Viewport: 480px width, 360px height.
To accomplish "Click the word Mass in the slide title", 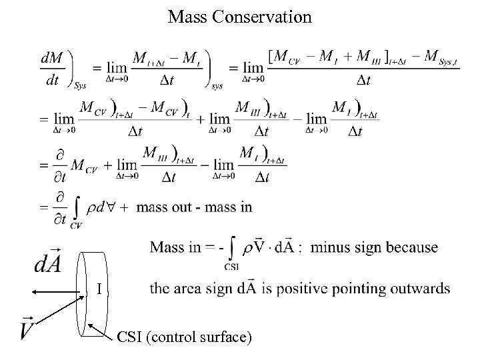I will [x=189, y=17].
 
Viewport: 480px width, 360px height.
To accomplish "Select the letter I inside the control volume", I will [x=99, y=289].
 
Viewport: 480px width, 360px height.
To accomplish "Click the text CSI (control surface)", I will [x=184, y=338].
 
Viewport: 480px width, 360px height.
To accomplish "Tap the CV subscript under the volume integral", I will [x=75, y=225].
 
